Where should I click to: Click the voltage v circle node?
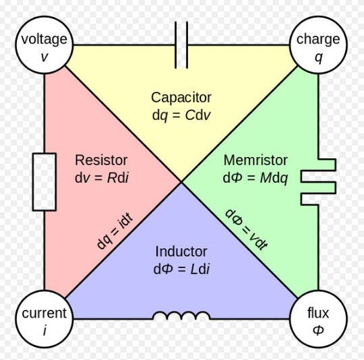click(x=44, y=45)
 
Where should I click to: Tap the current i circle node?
click(x=44, y=319)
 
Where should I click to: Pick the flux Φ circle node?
click(x=317, y=319)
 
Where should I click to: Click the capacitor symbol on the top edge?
click(x=181, y=45)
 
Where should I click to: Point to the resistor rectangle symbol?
click(x=44, y=181)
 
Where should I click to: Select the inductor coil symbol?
click(x=181, y=316)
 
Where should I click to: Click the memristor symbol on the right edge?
click(x=317, y=181)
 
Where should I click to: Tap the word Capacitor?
click(x=181, y=97)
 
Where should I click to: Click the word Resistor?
click(x=101, y=160)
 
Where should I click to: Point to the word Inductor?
click(x=181, y=251)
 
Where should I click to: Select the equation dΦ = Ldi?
click(x=181, y=269)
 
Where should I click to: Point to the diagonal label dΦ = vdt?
click(x=246, y=229)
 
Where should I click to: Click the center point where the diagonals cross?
click(x=181, y=181)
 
